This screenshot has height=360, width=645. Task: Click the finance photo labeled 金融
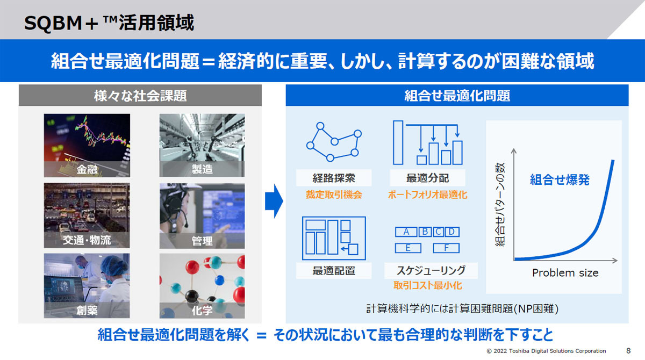tap(87, 145)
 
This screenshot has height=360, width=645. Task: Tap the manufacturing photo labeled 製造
tap(202, 145)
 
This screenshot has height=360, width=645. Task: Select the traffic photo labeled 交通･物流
tap(87, 215)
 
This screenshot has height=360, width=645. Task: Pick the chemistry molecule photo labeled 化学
tap(202, 286)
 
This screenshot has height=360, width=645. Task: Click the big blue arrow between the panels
tap(274, 201)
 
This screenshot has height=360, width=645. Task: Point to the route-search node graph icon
tap(334, 142)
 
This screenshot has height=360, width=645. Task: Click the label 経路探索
tap(334, 178)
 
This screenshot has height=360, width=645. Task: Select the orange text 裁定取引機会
tap(334, 195)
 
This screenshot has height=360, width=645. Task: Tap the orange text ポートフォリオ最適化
tap(428, 195)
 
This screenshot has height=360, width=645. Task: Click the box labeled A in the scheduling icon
tap(406, 232)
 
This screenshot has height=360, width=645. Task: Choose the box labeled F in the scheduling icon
tap(446, 248)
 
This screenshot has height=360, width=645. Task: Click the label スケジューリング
tap(431, 270)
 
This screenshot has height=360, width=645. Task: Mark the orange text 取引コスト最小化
tap(428, 285)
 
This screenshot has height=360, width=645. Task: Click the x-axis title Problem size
tap(565, 273)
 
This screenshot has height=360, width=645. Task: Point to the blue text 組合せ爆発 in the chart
tap(560, 179)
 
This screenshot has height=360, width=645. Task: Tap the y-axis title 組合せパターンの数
tap(500, 205)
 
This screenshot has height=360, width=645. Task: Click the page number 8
tap(628, 351)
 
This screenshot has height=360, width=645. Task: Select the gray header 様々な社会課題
tap(140, 95)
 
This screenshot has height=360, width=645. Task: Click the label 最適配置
tap(334, 270)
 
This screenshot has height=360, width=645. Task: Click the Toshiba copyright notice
tap(546, 351)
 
